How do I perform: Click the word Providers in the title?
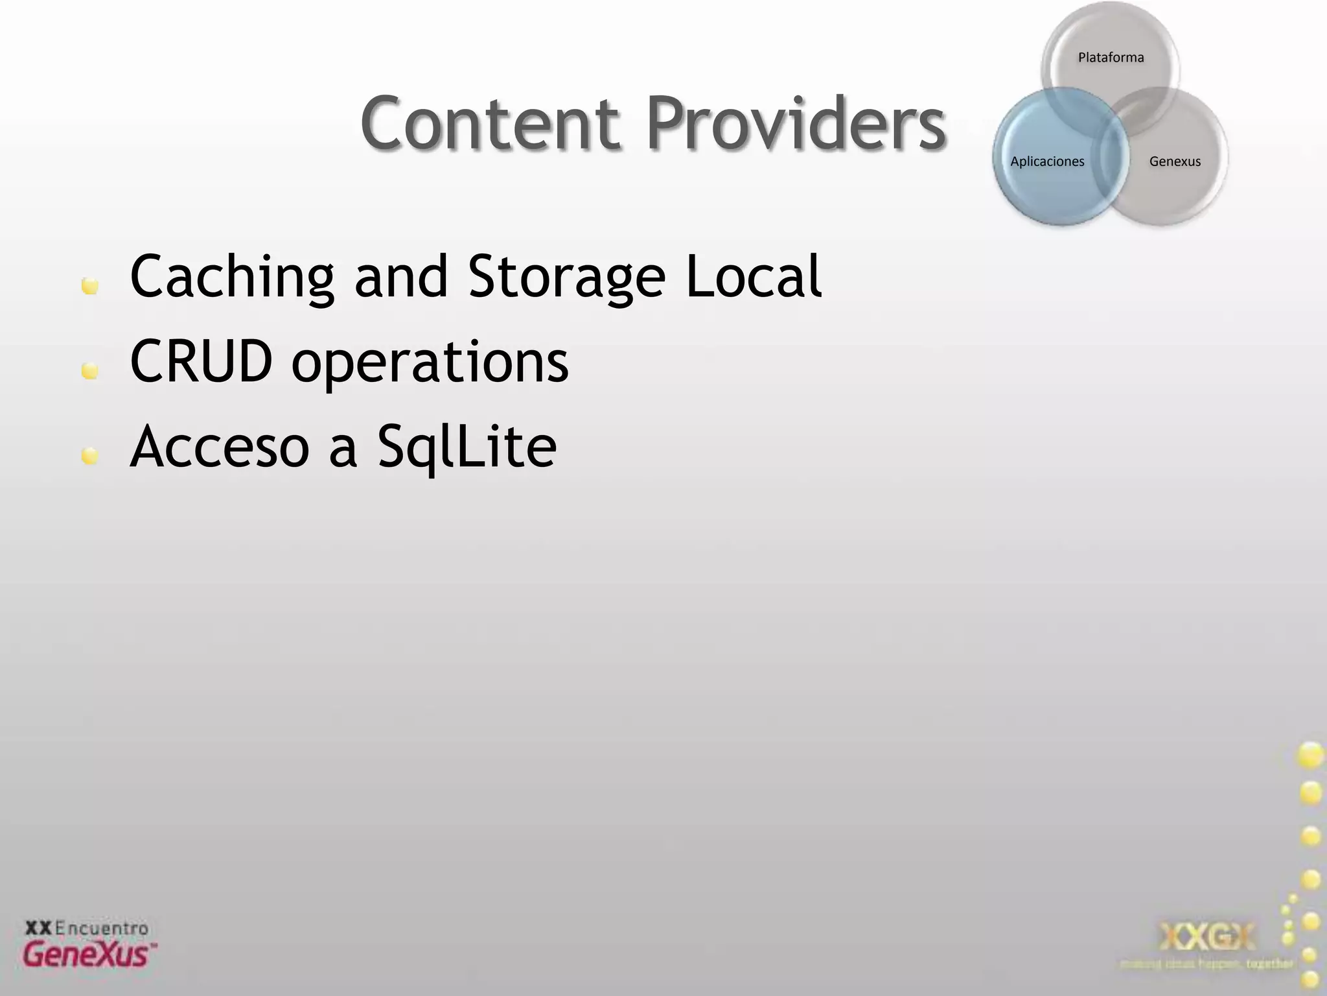point(796,123)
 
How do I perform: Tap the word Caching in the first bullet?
point(232,277)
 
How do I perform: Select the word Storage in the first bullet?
point(566,277)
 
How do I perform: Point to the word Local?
point(754,277)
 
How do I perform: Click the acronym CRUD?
point(202,361)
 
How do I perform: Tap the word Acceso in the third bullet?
point(220,447)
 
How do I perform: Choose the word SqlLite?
point(467,447)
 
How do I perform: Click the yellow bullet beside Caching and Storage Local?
point(90,286)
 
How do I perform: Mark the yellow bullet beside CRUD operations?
point(90,371)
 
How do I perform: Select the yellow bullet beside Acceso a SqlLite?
point(90,456)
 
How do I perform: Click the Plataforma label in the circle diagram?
point(1111,58)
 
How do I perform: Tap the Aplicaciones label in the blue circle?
point(1047,161)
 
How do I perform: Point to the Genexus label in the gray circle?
point(1175,161)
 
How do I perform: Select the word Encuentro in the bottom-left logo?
point(102,928)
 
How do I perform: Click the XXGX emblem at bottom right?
point(1206,936)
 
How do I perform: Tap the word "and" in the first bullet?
point(401,277)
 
